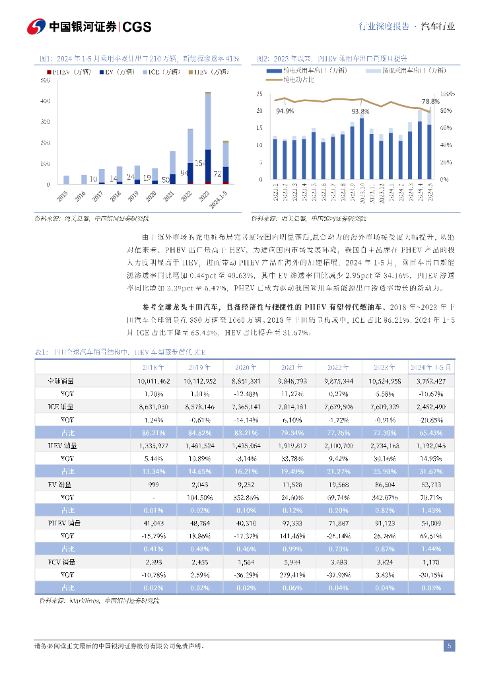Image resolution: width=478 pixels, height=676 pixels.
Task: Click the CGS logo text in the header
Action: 137,26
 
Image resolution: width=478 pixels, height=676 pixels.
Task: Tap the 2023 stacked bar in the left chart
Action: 208,139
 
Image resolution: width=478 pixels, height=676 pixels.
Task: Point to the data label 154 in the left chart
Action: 200,162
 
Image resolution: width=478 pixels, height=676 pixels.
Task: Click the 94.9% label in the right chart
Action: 285,110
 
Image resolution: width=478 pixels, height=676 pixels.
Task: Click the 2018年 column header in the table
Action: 154,367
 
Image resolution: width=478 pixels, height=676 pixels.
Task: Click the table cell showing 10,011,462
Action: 154,381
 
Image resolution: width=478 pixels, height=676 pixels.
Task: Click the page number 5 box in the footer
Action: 450,646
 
